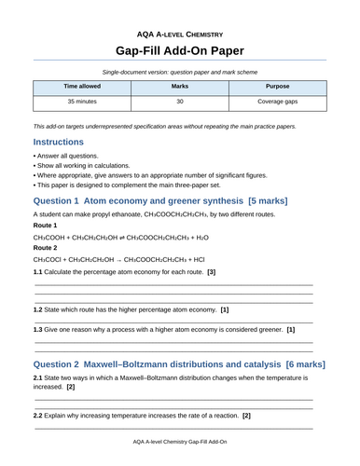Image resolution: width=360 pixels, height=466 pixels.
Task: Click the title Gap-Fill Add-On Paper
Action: (x=180, y=48)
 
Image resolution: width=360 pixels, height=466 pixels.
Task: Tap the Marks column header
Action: (x=180, y=85)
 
